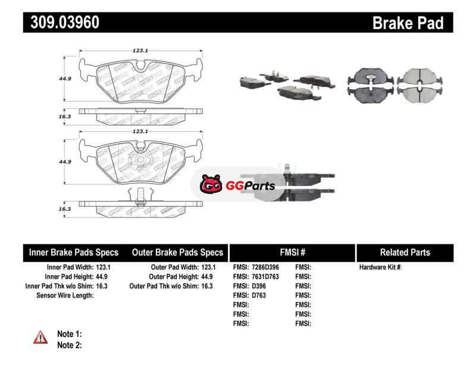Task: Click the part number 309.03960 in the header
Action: [x=62, y=23]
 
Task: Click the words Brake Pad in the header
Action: [x=408, y=23]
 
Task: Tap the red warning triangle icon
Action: [x=40, y=337]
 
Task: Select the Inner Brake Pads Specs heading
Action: [x=74, y=252]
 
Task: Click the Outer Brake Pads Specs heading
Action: [x=177, y=252]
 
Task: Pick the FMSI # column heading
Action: [x=292, y=252]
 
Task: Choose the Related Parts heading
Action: [x=405, y=252]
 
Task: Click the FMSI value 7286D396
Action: [x=265, y=268]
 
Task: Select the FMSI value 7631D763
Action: [x=265, y=276]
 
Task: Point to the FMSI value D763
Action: [x=259, y=295]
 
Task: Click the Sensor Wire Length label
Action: [x=65, y=295]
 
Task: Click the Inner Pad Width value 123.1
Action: [x=103, y=268]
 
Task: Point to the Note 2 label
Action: [x=69, y=345]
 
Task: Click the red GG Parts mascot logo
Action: [x=211, y=185]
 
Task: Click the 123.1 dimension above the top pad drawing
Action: [x=140, y=51]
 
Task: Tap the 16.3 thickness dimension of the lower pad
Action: [x=65, y=209]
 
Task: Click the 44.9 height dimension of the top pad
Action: [x=65, y=78]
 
